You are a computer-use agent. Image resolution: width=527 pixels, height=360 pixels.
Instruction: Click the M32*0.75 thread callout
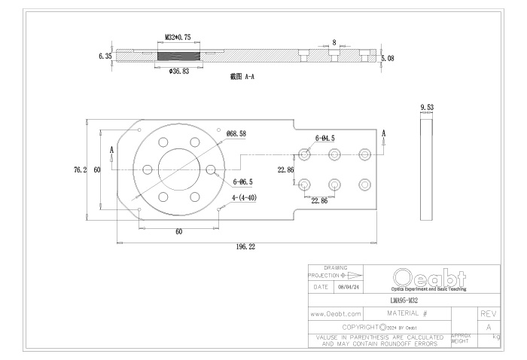point(178,35)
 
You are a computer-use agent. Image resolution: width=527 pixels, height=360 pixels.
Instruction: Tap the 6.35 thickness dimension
point(105,56)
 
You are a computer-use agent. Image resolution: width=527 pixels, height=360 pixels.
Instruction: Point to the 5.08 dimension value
point(388,56)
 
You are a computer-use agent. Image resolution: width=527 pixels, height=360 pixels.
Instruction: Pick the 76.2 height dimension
point(79,169)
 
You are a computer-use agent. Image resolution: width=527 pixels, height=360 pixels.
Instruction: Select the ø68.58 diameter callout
point(236,133)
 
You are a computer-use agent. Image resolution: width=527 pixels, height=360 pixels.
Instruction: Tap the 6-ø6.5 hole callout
point(243,182)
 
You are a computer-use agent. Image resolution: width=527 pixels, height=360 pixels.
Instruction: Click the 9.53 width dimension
point(427,108)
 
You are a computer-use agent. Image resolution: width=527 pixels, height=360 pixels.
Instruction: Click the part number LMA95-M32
point(405,300)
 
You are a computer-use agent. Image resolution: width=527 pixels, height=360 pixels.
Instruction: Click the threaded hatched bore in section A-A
point(178,55)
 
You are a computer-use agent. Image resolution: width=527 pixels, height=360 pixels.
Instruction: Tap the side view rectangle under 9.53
point(427,162)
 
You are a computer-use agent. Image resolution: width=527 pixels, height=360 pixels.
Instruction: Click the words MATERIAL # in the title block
point(407,312)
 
